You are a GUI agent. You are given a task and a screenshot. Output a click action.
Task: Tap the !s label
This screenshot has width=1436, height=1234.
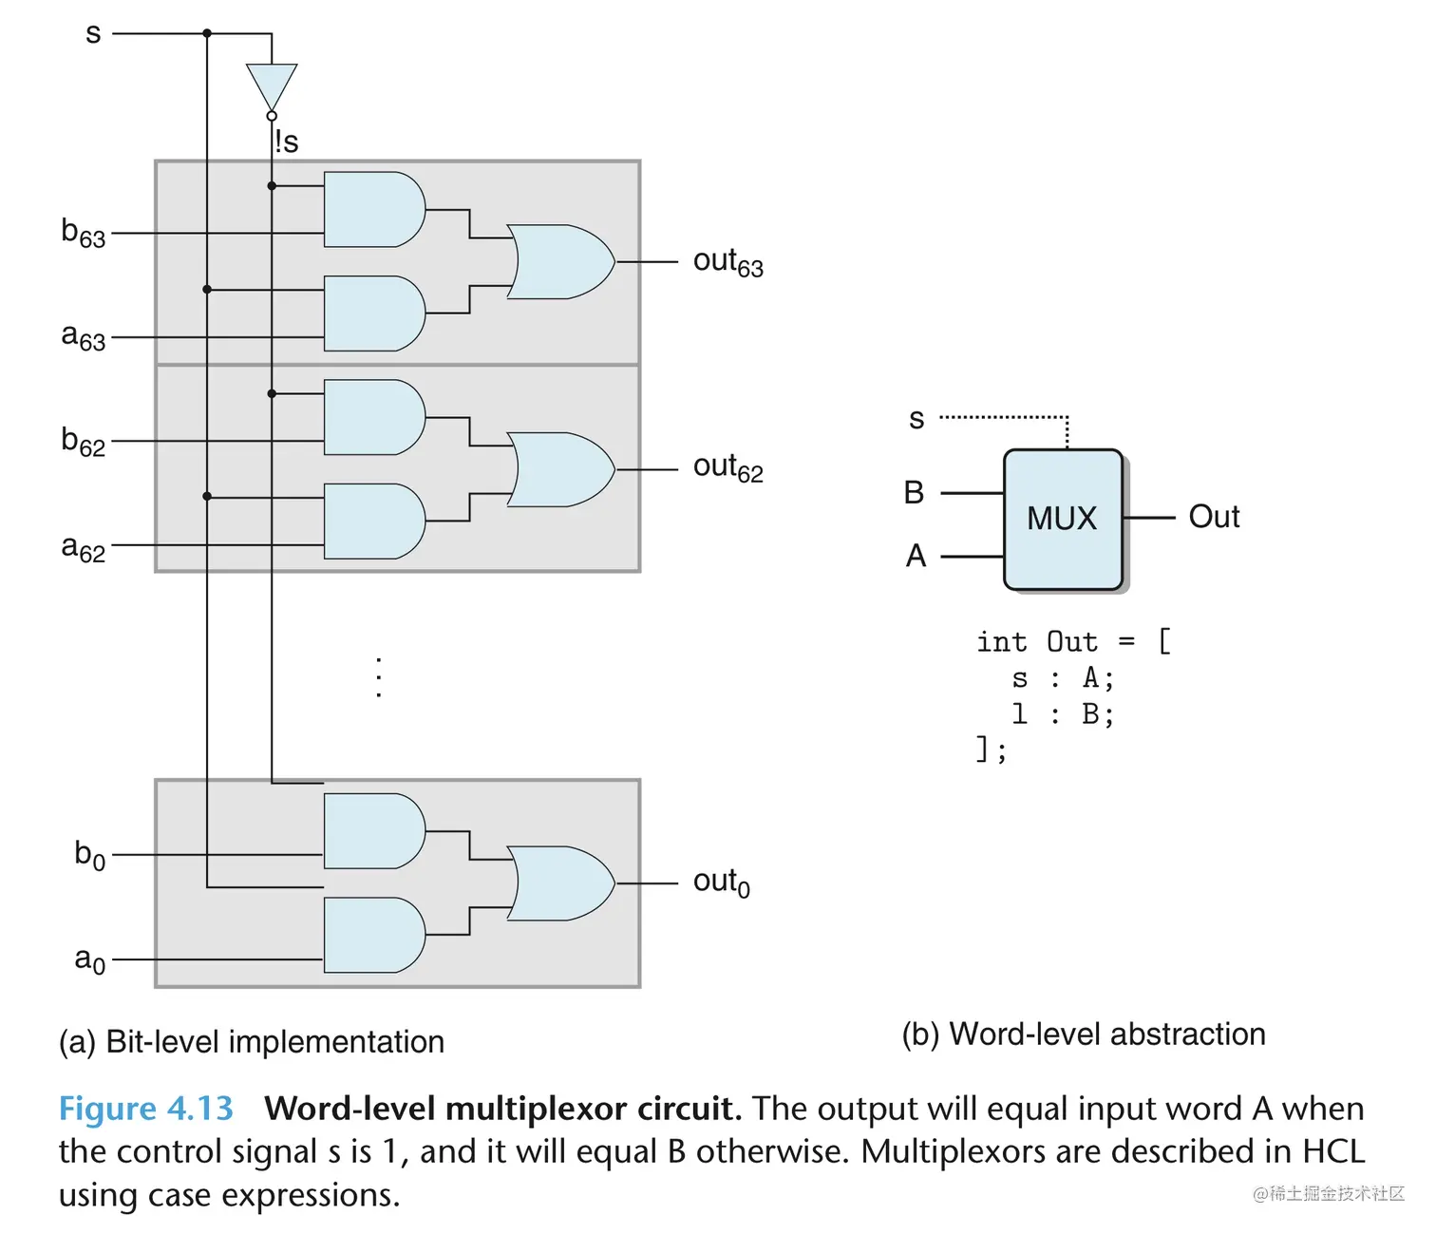coord(287,142)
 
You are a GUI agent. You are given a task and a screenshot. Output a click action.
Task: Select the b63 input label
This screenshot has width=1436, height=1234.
coord(84,233)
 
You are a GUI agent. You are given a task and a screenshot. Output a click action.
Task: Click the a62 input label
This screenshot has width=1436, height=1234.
coord(84,548)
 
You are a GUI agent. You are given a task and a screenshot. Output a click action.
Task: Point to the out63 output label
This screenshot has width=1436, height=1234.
coord(727,262)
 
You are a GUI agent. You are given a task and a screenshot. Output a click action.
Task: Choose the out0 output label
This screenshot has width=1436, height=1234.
coord(721,883)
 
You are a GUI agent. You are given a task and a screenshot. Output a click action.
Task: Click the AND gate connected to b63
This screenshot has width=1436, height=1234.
coord(373,210)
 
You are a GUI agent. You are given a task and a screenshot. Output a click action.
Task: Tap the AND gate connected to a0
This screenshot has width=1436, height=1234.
coord(373,936)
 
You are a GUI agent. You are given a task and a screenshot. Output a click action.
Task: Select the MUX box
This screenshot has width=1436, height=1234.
coord(1063,519)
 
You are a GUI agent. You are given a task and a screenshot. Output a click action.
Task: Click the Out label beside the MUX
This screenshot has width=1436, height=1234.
coord(1214,517)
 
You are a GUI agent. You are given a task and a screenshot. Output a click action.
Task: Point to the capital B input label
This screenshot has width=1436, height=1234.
coord(914,492)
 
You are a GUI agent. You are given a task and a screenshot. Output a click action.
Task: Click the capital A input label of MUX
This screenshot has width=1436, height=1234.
coord(916,556)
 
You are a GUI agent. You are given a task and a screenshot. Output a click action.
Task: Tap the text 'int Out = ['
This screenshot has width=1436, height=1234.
coord(1073,642)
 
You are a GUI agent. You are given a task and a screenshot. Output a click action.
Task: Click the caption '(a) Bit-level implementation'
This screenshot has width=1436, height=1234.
coord(252,1042)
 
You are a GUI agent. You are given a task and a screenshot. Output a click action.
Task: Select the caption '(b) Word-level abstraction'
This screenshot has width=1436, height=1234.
coord(1084,1035)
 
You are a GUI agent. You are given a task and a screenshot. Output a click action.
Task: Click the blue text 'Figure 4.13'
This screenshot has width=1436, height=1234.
coord(145,1109)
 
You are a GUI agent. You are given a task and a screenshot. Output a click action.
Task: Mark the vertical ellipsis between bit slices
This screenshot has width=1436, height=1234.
coord(379,677)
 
